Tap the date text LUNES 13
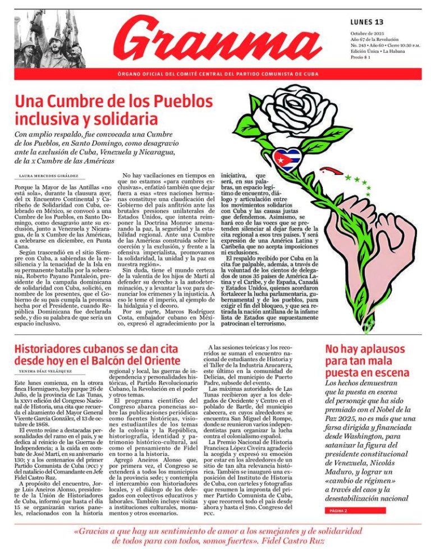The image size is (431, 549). click(x=366, y=22)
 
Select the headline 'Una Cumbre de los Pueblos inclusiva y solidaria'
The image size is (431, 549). click(x=113, y=110)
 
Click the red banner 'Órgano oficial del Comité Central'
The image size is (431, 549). click(x=218, y=74)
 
